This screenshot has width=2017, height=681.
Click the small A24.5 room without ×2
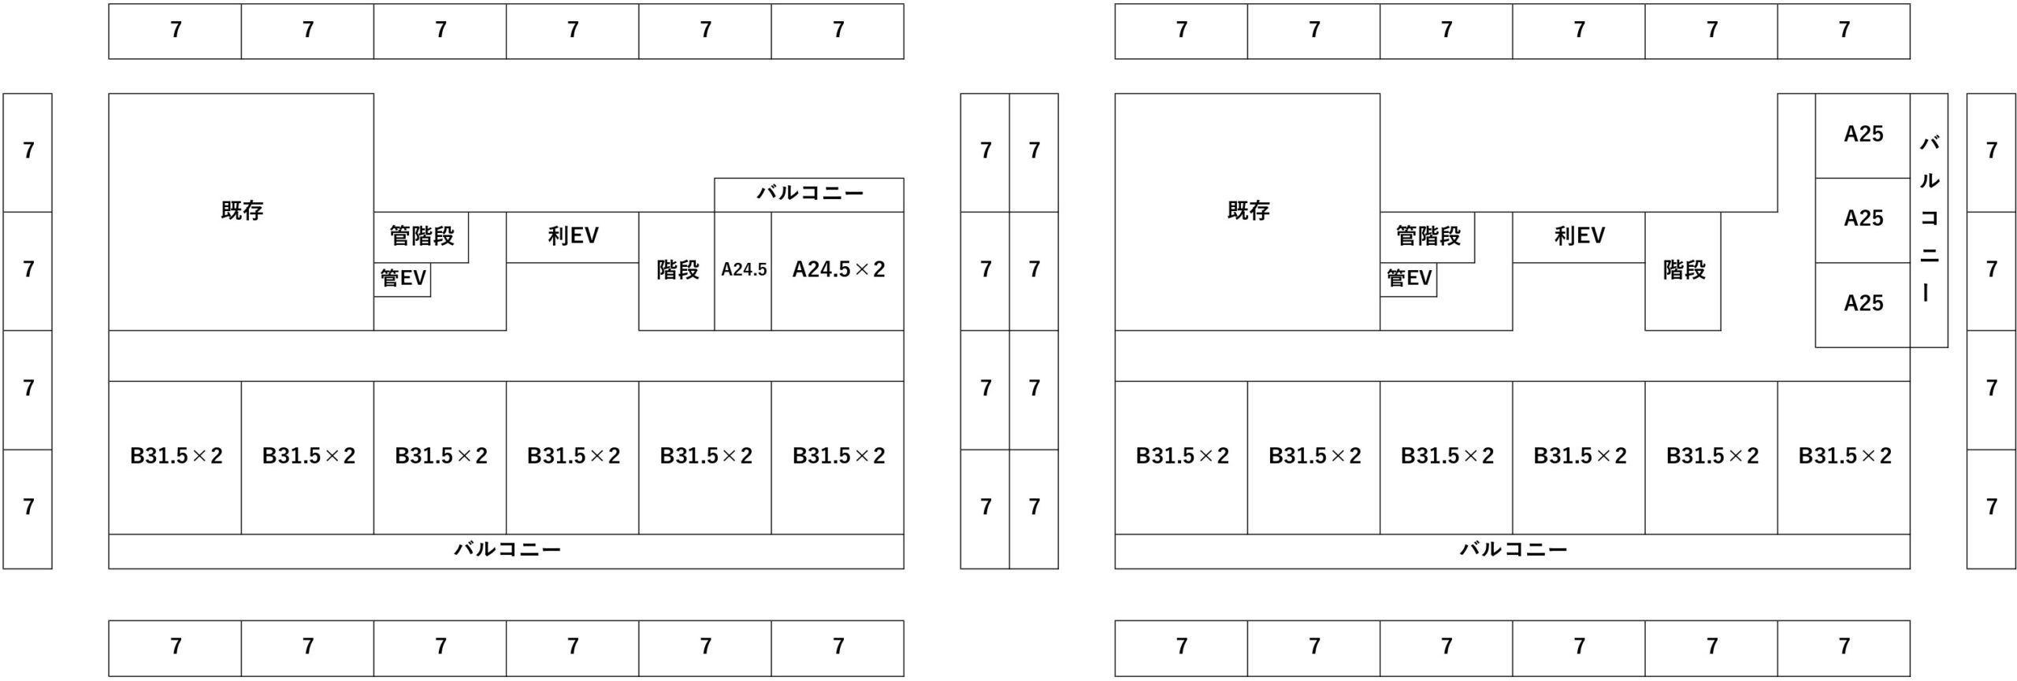coord(743,271)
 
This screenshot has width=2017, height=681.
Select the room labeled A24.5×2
coord(838,271)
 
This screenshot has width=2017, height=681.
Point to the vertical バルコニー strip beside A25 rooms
coord(1929,220)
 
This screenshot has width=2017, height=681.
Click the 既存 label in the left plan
coord(242,211)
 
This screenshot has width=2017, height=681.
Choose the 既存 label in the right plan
coord(1249,211)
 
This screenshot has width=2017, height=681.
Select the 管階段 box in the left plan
coord(421,237)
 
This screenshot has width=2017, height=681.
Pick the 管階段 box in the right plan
coord(1427,237)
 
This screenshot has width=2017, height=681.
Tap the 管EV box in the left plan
coord(402,279)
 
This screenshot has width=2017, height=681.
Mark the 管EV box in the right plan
coord(1408,279)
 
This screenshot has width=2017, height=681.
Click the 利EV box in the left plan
coord(572,237)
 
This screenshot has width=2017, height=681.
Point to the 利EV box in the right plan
coord(1578,237)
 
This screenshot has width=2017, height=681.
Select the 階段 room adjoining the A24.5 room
coord(677,271)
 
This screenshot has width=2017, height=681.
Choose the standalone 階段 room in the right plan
coord(1683,271)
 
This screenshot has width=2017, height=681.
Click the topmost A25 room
coord(1863,135)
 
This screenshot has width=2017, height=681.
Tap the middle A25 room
coord(1863,220)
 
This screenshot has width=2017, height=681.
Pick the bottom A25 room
coord(1863,305)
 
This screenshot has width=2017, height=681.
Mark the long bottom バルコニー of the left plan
coord(506,551)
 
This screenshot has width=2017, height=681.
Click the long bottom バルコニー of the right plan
coord(1512,551)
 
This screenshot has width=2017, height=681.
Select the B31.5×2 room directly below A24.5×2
coord(838,457)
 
